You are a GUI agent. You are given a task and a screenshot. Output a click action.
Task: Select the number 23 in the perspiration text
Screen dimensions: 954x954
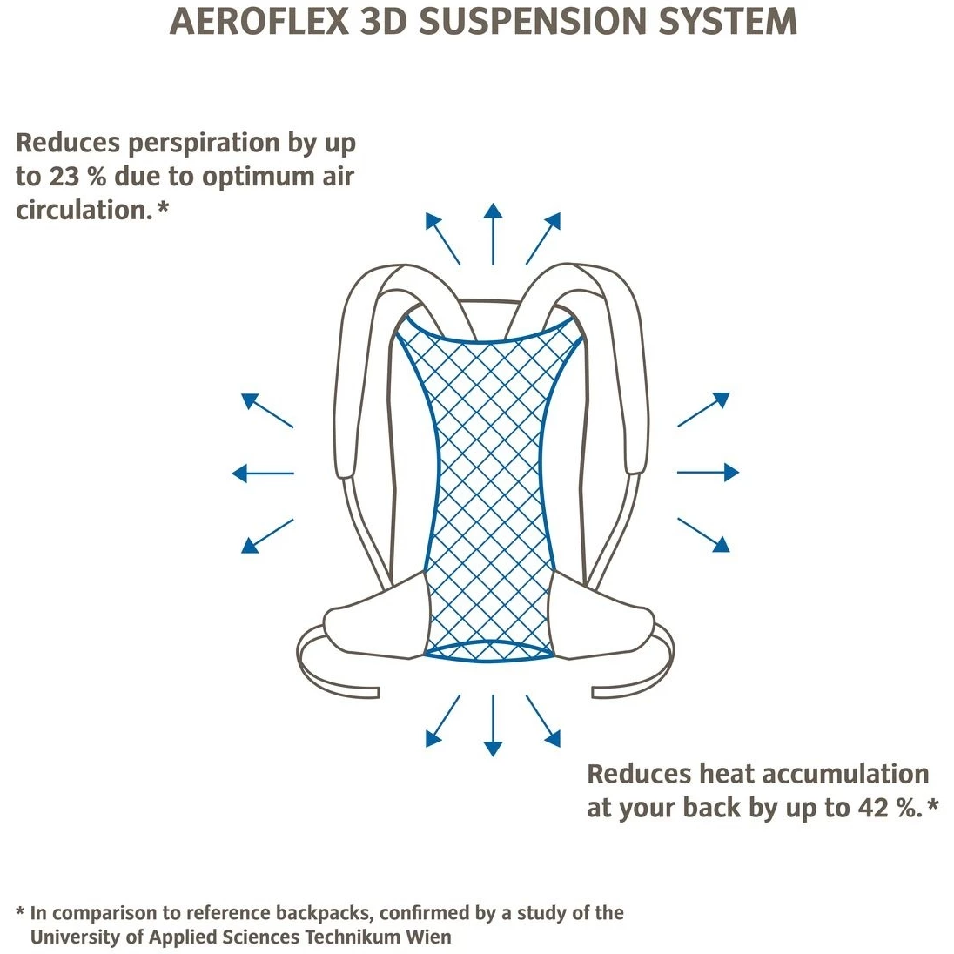click(x=64, y=177)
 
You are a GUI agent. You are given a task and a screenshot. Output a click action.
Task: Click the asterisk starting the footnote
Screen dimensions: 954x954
click(x=20, y=912)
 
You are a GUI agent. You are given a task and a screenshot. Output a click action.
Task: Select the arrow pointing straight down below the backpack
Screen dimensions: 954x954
click(x=494, y=725)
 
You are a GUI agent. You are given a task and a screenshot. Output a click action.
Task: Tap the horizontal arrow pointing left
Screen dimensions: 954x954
click(x=263, y=474)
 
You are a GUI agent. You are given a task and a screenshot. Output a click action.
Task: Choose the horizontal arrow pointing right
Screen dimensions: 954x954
click(x=708, y=473)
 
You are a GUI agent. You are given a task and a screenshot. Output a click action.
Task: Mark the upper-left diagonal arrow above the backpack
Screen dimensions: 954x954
click(x=442, y=238)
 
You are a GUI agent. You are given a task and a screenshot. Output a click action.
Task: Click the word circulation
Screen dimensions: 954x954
click(x=84, y=210)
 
